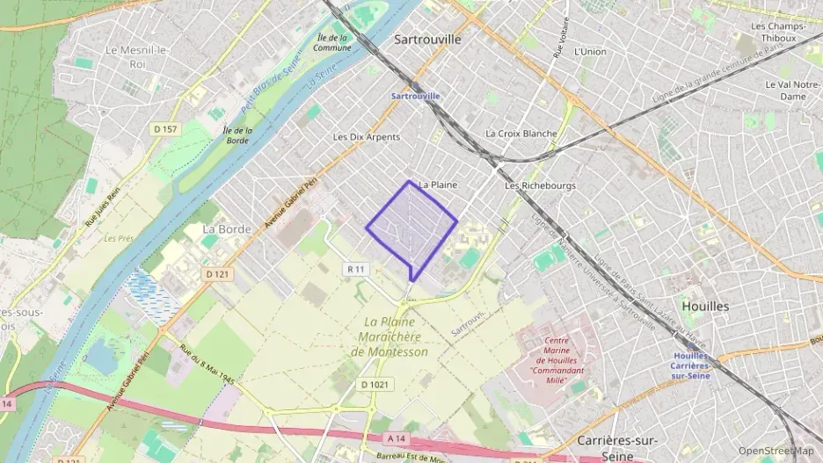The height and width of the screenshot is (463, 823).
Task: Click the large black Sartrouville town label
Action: click(x=427, y=40)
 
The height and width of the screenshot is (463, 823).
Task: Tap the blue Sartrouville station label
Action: click(x=416, y=95)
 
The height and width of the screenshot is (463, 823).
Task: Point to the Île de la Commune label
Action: click(x=332, y=42)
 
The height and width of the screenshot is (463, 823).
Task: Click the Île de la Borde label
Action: click(x=237, y=135)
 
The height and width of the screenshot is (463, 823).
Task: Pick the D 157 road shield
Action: click(x=164, y=130)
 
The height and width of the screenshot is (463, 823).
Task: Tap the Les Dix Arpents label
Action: click(x=367, y=137)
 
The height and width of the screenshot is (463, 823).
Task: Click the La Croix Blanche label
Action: click(x=521, y=134)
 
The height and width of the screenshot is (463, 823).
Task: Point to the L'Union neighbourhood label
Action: click(x=589, y=52)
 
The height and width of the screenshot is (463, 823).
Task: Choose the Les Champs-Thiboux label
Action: click(x=778, y=33)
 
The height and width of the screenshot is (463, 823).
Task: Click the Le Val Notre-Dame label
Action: click(x=787, y=90)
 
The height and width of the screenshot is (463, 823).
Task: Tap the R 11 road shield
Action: click(x=355, y=269)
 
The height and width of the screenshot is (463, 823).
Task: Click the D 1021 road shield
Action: click(x=375, y=384)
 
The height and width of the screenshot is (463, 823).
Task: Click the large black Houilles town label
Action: click(x=705, y=306)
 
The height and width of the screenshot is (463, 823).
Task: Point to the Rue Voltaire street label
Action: click(x=557, y=40)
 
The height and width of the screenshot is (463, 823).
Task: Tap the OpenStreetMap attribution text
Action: click(x=776, y=451)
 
